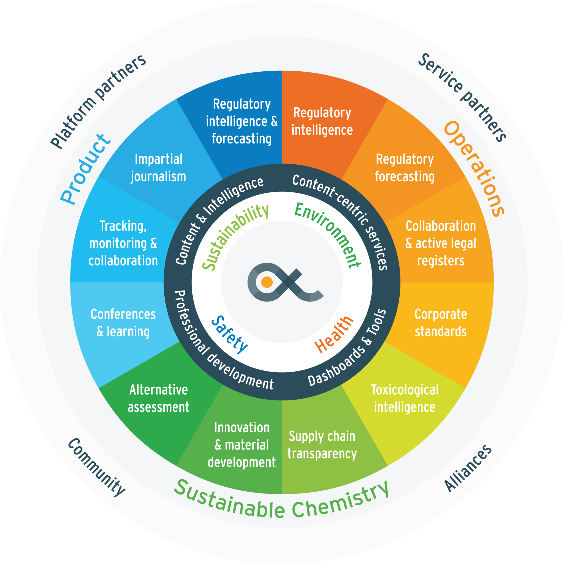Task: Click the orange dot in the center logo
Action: (267, 282)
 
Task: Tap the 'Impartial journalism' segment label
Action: (159, 168)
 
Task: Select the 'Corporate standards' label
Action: (441, 323)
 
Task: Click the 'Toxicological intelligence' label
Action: (405, 398)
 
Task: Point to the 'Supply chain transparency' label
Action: (322, 445)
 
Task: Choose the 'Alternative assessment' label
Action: (159, 398)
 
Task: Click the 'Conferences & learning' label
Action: (123, 323)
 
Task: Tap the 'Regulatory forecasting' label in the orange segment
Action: (405, 168)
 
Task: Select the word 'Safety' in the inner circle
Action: (229, 334)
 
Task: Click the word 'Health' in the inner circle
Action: (334, 334)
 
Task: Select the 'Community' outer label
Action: (97, 467)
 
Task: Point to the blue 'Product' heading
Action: (85, 169)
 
